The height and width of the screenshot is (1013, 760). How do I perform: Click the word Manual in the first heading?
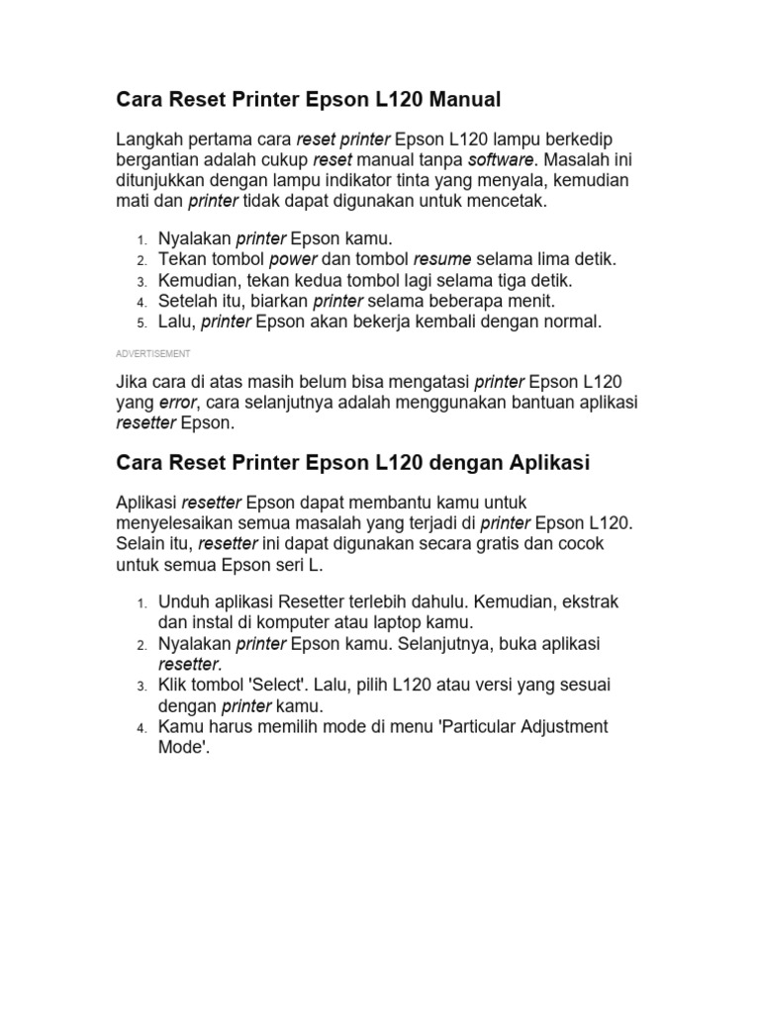point(459,99)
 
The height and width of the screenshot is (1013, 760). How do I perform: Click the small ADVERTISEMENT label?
point(153,353)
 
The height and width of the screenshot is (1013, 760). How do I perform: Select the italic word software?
point(500,159)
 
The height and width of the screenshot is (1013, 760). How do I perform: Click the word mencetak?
point(504,201)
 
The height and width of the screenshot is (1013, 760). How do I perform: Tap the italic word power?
point(292,259)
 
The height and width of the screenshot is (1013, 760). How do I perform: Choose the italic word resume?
point(443,259)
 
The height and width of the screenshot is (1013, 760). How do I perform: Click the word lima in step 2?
point(554,259)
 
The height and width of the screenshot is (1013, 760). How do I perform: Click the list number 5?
point(142,322)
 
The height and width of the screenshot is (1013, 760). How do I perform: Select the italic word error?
point(178,402)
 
